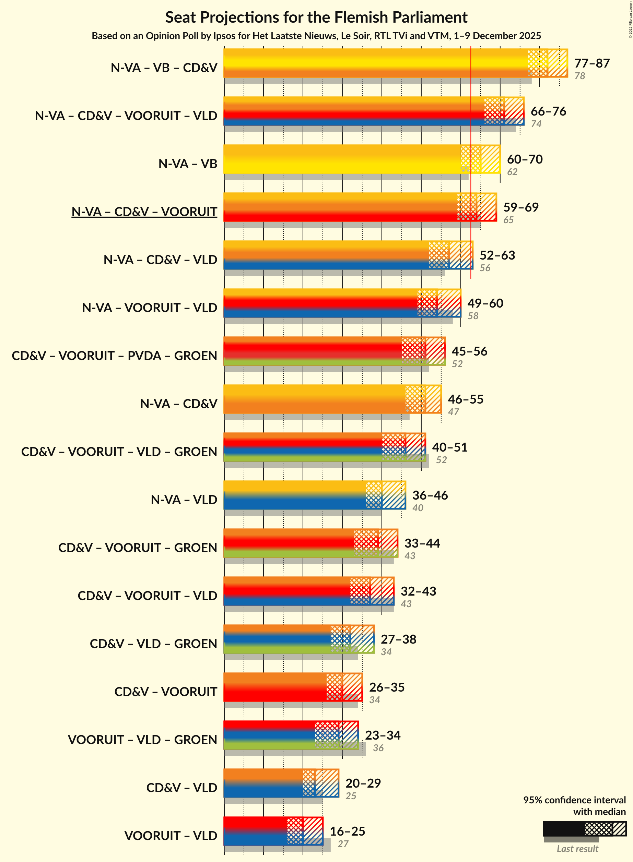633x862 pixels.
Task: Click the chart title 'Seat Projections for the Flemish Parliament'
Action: coord(316,17)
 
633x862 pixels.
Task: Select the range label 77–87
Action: coord(591,63)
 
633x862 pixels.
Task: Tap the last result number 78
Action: coord(579,76)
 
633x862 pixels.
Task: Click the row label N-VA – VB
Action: coord(188,164)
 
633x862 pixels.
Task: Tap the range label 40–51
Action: coord(449,447)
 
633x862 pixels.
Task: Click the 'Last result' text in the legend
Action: coord(577,849)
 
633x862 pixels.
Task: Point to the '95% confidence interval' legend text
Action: coord(574,800)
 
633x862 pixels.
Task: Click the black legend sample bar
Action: coord(563,829)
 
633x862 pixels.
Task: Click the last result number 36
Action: coord(378,748)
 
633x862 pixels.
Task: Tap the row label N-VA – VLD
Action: coord(184,499)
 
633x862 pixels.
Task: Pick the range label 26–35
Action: coord(387,687)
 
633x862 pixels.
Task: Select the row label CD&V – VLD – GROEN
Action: coord(153,643)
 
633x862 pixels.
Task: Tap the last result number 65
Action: coord(508,220)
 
